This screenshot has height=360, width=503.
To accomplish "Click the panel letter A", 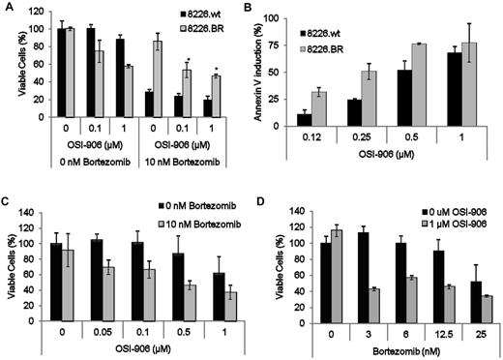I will (7, 7).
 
